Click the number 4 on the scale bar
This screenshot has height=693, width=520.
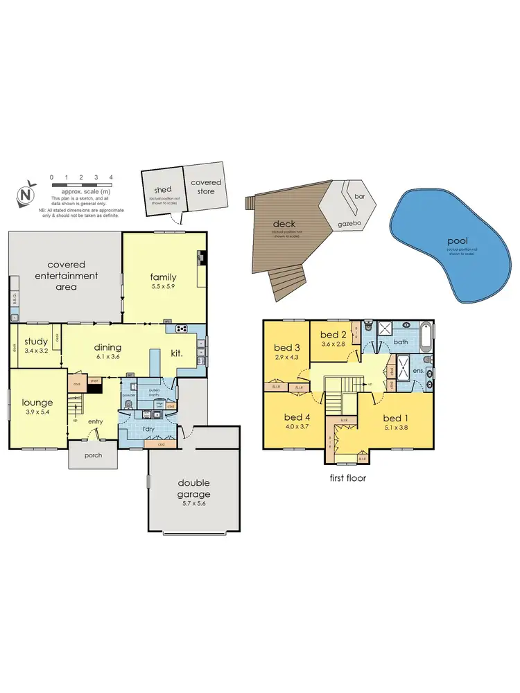pos(111,177)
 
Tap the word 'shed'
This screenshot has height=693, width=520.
pos(163,190)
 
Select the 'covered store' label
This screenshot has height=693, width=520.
pos(206,186)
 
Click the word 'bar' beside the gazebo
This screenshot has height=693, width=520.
pos(359,197)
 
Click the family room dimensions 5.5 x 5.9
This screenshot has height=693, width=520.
pos(164,288)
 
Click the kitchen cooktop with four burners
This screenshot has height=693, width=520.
pos(182,328)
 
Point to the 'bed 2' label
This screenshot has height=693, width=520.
pos(333,335)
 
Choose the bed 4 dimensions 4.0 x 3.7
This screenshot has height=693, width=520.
pos(297,428)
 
